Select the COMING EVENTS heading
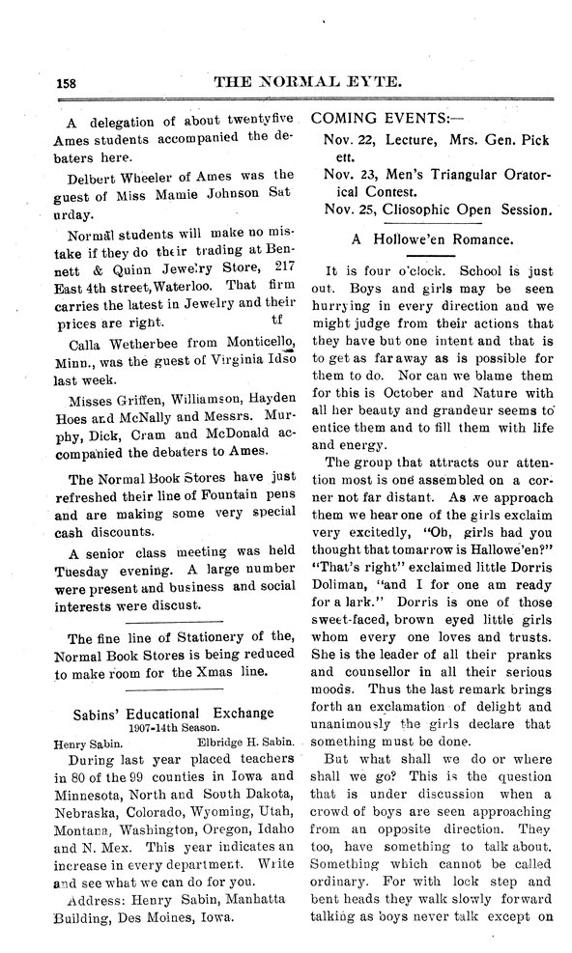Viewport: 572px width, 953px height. click(381, 120)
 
